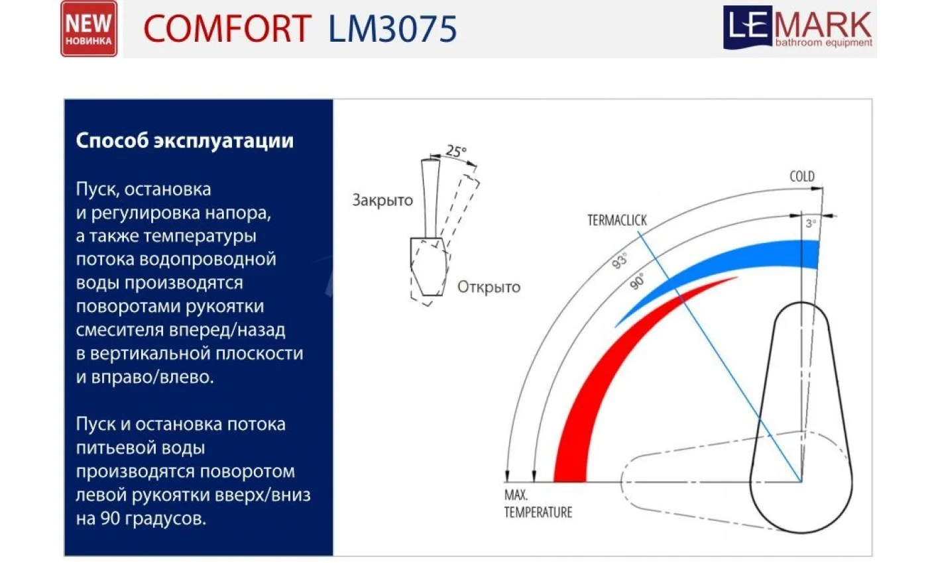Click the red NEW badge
tap(89, 28)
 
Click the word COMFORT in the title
tap(227, 29)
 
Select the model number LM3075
tap(392, 29)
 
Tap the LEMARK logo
tap(798, 28)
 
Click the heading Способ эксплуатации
tap(184, 142)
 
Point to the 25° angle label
tap(455, 151)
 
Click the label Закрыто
tap(382, 200)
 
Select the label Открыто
tap(489, 287)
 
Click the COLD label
tap(802, 177)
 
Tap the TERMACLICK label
tap(616, 221)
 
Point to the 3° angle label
tap(810, 224)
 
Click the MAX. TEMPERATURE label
tap(538, 504)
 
